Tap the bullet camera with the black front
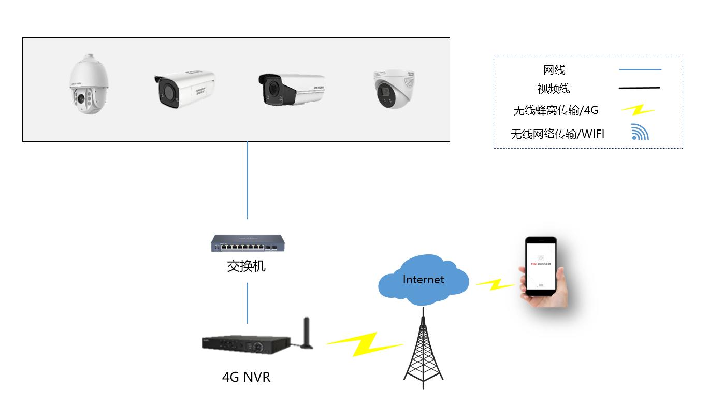[292, 89]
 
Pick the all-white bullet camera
[184, 89]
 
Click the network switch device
[247, 243]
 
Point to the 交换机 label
[247, 266]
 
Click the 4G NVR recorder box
[246, 344]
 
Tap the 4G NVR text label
[246, 377]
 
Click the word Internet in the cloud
[423, 280]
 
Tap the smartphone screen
[541, 264]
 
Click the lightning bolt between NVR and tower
[365, 344]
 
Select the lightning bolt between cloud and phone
[496, 284]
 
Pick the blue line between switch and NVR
[247, 303]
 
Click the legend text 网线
[554, 70]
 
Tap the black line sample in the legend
[640, 89]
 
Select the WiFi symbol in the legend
[640, 133]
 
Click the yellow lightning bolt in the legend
[639, 110]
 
